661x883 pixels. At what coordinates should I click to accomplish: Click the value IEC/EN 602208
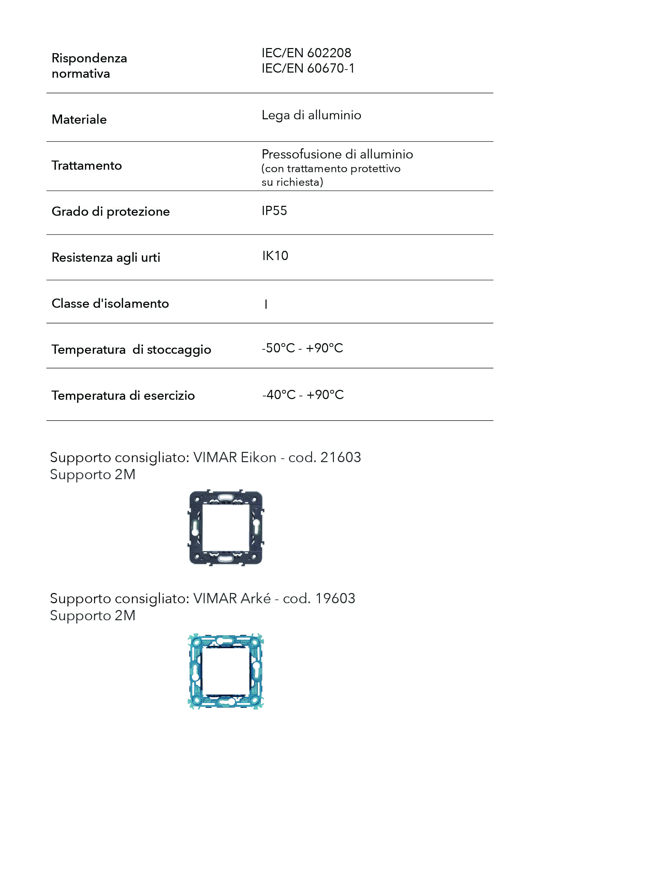coord(306,53)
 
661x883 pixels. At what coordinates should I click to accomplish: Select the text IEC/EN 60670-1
coord(308,68)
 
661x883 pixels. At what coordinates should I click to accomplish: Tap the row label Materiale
coord(79,119)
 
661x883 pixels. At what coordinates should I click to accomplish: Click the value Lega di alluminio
coord(311,115)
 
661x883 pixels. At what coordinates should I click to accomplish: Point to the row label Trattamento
coord(87,165)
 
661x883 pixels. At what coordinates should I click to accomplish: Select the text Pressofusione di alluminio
coord(337,154)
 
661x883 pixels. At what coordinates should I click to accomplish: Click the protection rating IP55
coord(274,211)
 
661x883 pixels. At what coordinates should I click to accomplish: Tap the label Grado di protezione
coord(111,211)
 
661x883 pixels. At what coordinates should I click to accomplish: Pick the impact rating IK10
coord(275,256)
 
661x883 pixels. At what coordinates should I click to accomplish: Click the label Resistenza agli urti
coord(106,258)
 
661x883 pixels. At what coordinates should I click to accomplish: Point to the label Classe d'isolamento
coord(110,303)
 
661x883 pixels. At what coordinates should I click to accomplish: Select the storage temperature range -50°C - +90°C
coord(302,348)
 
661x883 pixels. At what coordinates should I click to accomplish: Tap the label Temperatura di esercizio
coord(123,396)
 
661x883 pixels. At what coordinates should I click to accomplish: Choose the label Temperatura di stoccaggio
coord(131,350)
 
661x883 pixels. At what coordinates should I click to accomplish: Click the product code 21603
coord(340,457)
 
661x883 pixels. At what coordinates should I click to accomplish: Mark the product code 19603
coord(335,598)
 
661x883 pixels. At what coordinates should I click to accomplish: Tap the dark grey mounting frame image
coord(226,527)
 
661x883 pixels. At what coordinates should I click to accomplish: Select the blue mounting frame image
coord(226,671)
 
